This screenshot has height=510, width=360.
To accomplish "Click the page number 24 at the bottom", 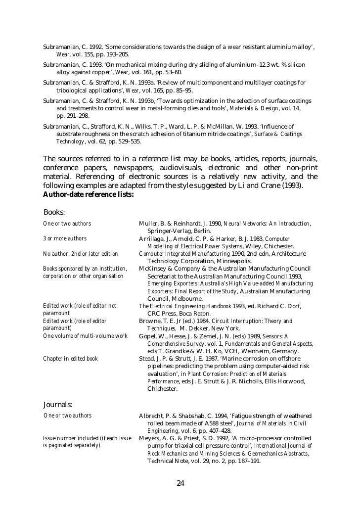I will pyautogui.click(x=180, y=483).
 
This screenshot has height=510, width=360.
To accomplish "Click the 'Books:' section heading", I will pyautogui.click(x=54, y=212).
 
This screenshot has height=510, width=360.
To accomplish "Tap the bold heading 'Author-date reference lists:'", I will pyautogui.click(x=89, y=194).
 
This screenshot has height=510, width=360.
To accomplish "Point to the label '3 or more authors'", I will pyautogui.click(x=65, y=238).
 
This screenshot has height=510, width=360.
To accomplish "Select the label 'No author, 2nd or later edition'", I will pyautogui.click(x=80, y=254).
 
